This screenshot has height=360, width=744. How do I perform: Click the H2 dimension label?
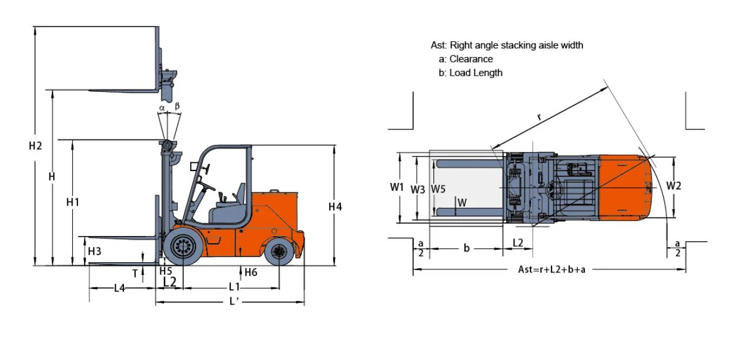(35, 146)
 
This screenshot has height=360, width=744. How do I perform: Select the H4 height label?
(335, 207)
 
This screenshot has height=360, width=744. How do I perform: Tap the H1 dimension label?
(73, 202)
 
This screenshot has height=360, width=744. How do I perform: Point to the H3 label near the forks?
(94, 252)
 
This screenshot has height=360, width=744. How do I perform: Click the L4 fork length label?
(119, 288)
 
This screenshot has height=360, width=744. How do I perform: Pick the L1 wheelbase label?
(234, 287)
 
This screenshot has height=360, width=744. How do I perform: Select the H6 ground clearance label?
(250, 272)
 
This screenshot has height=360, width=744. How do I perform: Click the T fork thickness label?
(135, 274)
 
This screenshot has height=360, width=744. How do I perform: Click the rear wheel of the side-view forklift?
(279, 252)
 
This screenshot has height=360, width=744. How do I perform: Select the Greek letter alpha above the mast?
(162, 107)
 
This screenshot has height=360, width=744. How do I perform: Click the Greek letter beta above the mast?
(176, 106)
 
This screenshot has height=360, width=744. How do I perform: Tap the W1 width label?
(397, 187)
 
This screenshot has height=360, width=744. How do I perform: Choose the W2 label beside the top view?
(674, 186)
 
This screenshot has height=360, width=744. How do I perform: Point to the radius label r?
(539, 117)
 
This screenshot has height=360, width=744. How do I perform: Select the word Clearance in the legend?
(471, 59)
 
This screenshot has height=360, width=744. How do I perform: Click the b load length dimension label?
(467, 248)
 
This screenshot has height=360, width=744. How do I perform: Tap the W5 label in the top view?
(438, 189)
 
